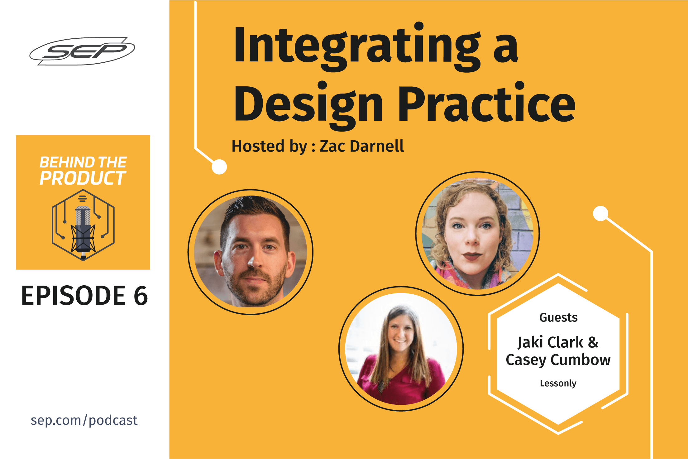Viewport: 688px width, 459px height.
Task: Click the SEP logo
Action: tap(82, 51)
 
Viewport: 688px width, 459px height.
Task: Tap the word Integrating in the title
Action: tap(358, 47)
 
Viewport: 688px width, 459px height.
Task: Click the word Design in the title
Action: tap(308, 106)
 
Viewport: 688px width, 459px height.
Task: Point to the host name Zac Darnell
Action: tap(362, 146)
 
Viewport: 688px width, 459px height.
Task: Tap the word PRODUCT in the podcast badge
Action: tap(83, 178)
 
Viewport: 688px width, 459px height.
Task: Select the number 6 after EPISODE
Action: tap(141, 296)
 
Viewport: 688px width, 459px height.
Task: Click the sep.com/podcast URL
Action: tap(84, 420)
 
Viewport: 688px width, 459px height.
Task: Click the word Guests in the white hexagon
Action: tap(558, 317)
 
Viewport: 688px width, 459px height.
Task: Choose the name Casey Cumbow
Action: tap(558, 360)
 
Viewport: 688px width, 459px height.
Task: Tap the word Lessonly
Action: tap(558, 383)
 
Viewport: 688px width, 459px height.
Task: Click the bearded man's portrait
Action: tap(251, 252)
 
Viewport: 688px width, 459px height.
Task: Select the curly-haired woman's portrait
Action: tap(477, 233)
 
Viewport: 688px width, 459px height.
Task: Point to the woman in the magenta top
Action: tap(401, 349)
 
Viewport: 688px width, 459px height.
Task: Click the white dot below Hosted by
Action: tap(219, 167)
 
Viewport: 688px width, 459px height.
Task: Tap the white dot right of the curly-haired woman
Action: tap(600, 214)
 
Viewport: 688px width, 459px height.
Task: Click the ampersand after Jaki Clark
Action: tap(593, 342)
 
